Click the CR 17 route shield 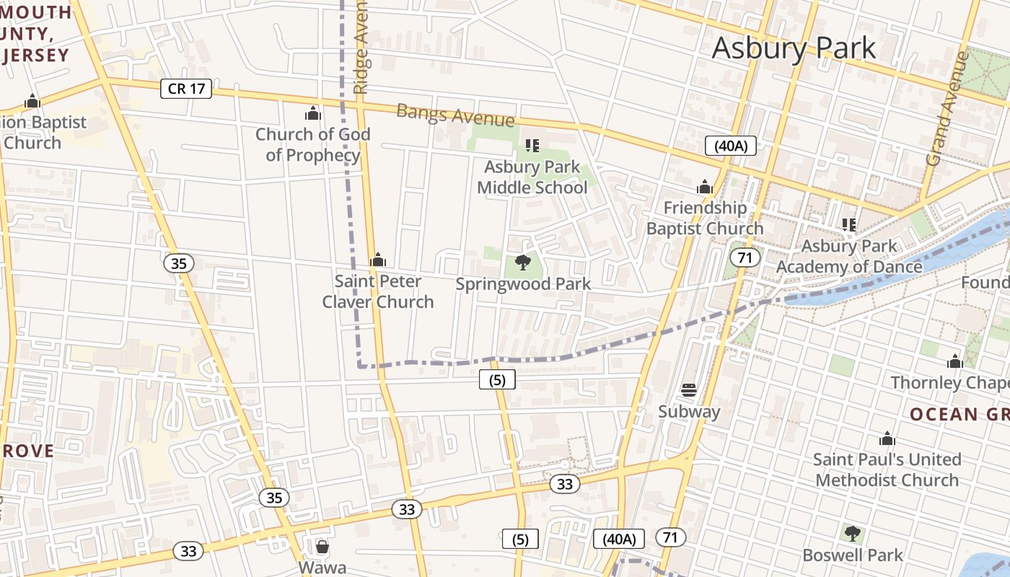tap(186, 89)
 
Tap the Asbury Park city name tap(794, 48)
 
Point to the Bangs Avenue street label tap(455, 115)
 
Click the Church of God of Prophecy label tap(313, 144)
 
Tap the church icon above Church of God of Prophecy tap(312, 113)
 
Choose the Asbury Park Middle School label tap(532, 177)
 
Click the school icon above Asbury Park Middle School tap(532, 146)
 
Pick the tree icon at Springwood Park tap(524, 263)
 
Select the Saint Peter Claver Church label tap(378, 291)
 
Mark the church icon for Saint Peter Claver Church tap(378, 260)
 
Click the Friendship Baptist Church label tap(705, 218)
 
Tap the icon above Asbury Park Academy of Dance tap(849, 225)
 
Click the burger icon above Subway tap(689, 390)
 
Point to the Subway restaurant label tap(689, 412)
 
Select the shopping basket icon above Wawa tap(322, 547)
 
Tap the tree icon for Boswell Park tap(853, 534)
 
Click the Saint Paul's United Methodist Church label tap(887, 470)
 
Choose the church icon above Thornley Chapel tap(955, 361)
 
